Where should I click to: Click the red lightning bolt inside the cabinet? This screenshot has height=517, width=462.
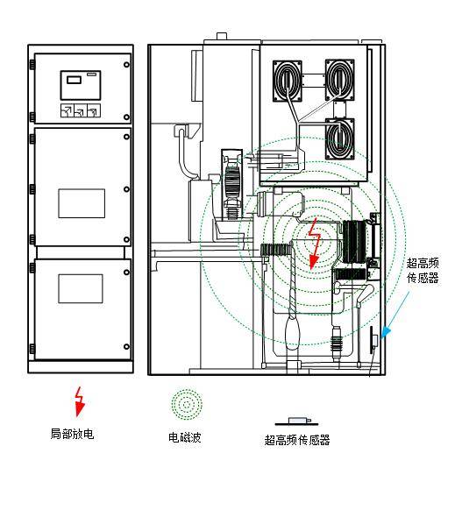(314, 244)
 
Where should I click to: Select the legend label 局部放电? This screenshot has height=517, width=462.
(72, 434)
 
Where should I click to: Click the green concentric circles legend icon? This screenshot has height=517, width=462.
(187, 405)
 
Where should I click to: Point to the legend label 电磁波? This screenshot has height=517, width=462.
(185, 437)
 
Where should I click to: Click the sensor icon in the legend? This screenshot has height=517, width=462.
(297, 421)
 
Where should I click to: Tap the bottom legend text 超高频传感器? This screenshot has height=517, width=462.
(297, 440)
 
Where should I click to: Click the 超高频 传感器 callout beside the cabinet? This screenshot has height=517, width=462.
(423, 271)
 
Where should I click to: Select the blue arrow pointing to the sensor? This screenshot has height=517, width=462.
(394, 315)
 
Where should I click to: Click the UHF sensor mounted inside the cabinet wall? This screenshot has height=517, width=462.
(374, 340)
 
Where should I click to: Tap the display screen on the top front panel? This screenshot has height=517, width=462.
(81, 85)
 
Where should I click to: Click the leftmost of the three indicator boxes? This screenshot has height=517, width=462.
(67, 110)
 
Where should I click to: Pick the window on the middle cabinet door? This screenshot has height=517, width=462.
(82, 203)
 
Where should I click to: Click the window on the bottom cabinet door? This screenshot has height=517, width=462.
(81, 288)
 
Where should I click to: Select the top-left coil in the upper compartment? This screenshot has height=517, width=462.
(288, 81)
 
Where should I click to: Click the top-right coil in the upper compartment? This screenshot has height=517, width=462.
(339, 80)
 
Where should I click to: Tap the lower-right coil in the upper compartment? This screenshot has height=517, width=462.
(339, 139)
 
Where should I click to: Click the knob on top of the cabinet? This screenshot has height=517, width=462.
(222, 36)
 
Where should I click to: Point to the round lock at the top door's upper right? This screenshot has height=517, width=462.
(126, 65)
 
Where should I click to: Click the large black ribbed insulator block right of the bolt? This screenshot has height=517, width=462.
(354, 242)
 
